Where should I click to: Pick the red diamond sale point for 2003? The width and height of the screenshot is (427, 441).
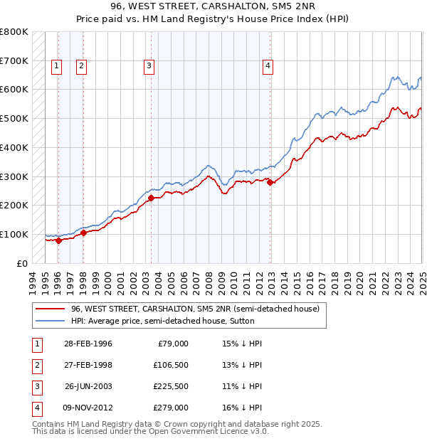click(x=151, y=198)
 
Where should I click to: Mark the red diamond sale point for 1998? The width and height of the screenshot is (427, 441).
click(x=83, y=232)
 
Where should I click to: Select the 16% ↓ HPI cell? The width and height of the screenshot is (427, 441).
click(x=242, y=408)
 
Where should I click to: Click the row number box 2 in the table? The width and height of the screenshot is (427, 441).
click(x=36, y=365)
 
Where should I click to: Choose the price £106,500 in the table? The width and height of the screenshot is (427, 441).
click(x=172, y=365)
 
